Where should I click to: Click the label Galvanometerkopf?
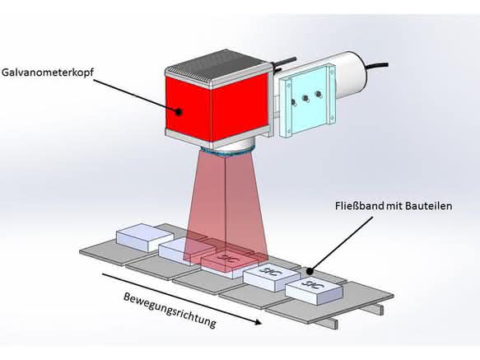pos(48,73)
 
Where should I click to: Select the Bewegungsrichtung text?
pos(170,311)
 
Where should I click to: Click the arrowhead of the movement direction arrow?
pos(257,321)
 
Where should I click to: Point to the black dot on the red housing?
pos(179,112)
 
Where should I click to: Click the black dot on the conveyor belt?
pos(310,271)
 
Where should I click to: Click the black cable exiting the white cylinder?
pos(378,64)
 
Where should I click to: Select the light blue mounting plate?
pos(306,100)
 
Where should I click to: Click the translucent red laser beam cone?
pos(226,208)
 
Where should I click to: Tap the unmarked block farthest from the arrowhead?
pos(145,237)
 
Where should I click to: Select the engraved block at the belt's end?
pos(314,291)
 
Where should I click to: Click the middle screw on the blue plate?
pos(305,98)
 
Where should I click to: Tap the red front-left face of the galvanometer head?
pos(189,109)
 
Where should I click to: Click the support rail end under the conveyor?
pos(334,323)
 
